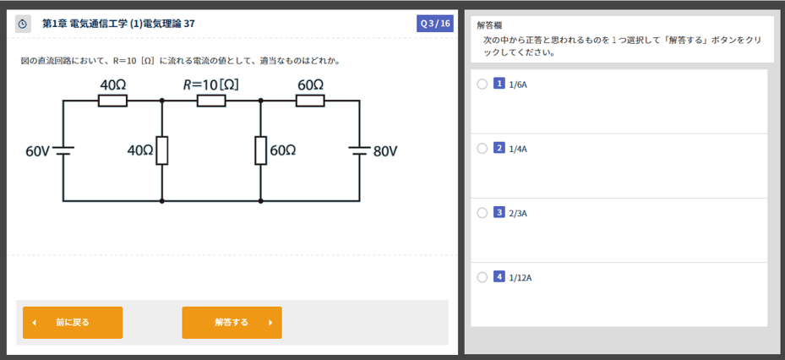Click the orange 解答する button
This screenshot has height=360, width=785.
pyautogui.click(x=232, y=322)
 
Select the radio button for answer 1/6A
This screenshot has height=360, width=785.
pyautogui.click(x=482, y=84)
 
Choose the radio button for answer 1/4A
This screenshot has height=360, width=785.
pyautogui.click(x=482, y=148)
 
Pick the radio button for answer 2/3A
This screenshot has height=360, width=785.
pyautogui.click(x=482, y=212)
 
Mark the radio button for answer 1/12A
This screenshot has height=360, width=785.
pyautogui.click(x=482, y=276)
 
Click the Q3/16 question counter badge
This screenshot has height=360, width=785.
pyautogui.click(x=435, y=24)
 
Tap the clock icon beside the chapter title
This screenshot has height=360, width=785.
pyautogui.click(x=23, y=24)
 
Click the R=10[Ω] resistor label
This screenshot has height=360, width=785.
pyautogui.click(x=211, y=85)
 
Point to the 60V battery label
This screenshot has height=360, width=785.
pyautogui.click(x=37, y=151)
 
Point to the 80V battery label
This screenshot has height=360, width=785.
pyautogui.click(x=384, y=151)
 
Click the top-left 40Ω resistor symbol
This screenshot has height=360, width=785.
pyautogui.click(x=112, y=101)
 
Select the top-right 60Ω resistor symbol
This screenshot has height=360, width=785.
pyautogui.click(x=310, y=101)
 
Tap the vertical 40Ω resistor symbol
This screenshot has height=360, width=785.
pyautogui.click(x=161, y=150)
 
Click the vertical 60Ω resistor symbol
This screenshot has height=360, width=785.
pyautogui.click(x=260, y=150)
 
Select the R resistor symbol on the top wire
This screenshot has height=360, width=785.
pyautogui.click(x=211, y=101)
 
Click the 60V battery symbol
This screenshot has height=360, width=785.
pyautogui.click(x=63, y=150)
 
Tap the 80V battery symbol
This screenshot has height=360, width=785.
pyautogui.click(x=359, y=150)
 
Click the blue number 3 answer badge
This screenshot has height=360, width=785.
pyautogui.click(x=499, y=212)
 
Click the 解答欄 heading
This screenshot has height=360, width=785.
pyautogui.click(x=489, y=25)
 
